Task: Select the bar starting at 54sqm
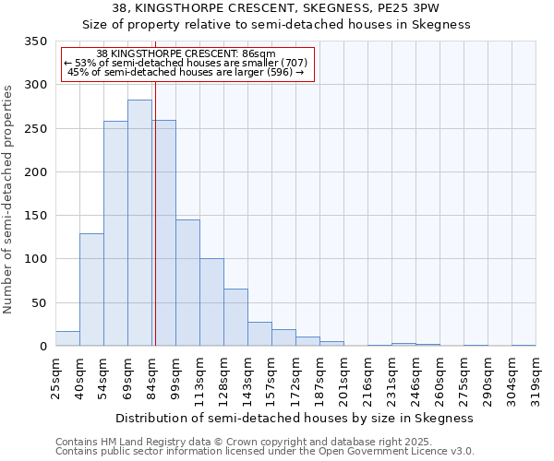(115, 234)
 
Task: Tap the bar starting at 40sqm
(91, 290)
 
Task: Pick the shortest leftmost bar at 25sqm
(67, 338)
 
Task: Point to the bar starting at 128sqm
(235, 318)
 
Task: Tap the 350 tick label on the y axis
(36, 41)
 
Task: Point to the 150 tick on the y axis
(36, 216)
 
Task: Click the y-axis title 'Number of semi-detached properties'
(8, 199)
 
